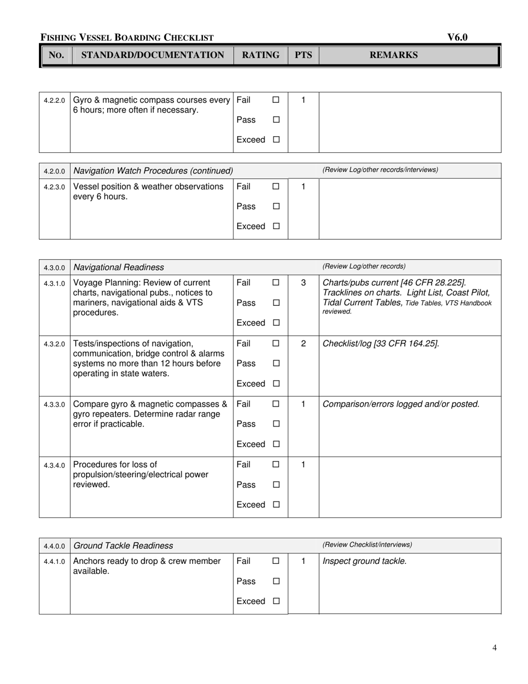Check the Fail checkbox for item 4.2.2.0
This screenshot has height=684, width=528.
point(276,100)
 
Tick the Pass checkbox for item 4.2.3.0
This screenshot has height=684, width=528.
point(276,206)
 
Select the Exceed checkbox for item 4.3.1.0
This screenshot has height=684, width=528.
point(276,323)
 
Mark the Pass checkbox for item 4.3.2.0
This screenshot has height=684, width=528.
point(276,364)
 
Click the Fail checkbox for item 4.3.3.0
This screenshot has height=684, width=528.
point(276,404)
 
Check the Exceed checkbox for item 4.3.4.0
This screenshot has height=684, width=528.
point(276,505)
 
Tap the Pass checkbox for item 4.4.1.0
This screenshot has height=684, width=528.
point(276,581)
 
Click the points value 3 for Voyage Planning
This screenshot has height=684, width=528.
point(303,282)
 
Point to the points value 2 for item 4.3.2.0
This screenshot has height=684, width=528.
point(303,344)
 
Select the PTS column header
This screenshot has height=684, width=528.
point(303,55)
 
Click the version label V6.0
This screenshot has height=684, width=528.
point(457,37)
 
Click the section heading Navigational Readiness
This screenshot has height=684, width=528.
point(118,267)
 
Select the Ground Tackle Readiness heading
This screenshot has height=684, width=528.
point(123,546)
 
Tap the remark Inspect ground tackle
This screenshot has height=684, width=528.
point(364,561)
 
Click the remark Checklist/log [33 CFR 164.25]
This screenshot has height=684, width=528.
point(381,344)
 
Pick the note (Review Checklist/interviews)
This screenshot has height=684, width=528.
point(367,544)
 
